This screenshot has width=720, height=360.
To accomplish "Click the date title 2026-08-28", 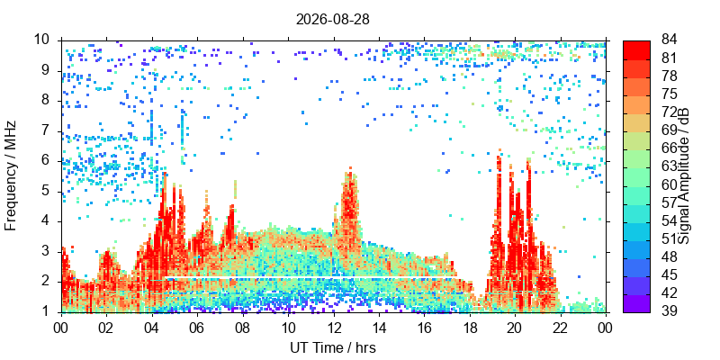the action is [332, 19].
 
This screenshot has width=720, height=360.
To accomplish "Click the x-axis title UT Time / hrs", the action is [333, 347].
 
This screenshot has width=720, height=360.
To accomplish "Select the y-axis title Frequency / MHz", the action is [10, 175].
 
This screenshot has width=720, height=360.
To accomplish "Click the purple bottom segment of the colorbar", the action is [636, 303].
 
